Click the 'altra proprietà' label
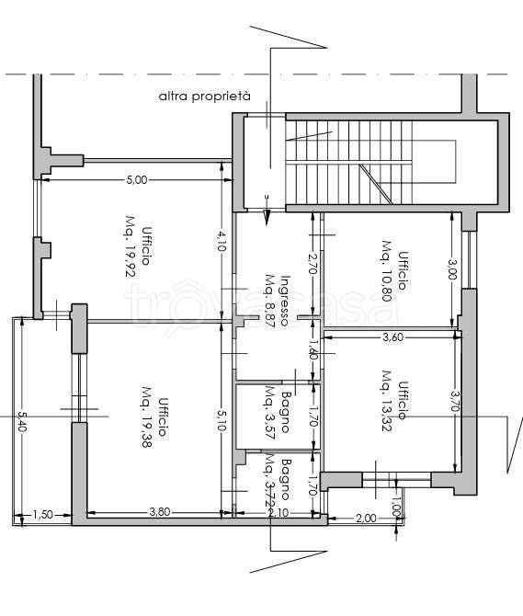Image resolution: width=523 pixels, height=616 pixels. pyautogui.click(x=205, y=97)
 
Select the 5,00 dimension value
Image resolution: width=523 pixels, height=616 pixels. pyautogui.click(x=137, y=180)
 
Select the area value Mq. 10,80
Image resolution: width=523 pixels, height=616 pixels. pyautogui.click(x=387, y=270)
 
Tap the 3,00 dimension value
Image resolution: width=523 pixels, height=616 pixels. pyautogui.click(x=452, y=269)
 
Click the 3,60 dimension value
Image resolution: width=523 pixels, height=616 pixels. pyautogui.click(x=393, y=337)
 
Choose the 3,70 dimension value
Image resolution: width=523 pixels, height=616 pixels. pyautogui.click(x=455, y=400)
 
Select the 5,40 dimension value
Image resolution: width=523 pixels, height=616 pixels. pyautogui.click(x=22, y=421)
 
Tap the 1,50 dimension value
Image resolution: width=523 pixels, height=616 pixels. pyautogui.click(x=42, y=514)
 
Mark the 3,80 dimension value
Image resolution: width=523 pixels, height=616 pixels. pyautogui.click(x=160, y=512)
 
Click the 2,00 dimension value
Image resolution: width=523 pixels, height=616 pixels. pyautogui.click(x=366, y=519)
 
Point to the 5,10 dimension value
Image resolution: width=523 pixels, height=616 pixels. pyautogui.click(x=222, y=418)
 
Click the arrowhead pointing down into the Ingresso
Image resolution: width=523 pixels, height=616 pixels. pyautogui.click(x=267, y=218)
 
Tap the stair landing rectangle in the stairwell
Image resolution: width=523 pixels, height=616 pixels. pyautogui.click(x=434, y=162)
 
